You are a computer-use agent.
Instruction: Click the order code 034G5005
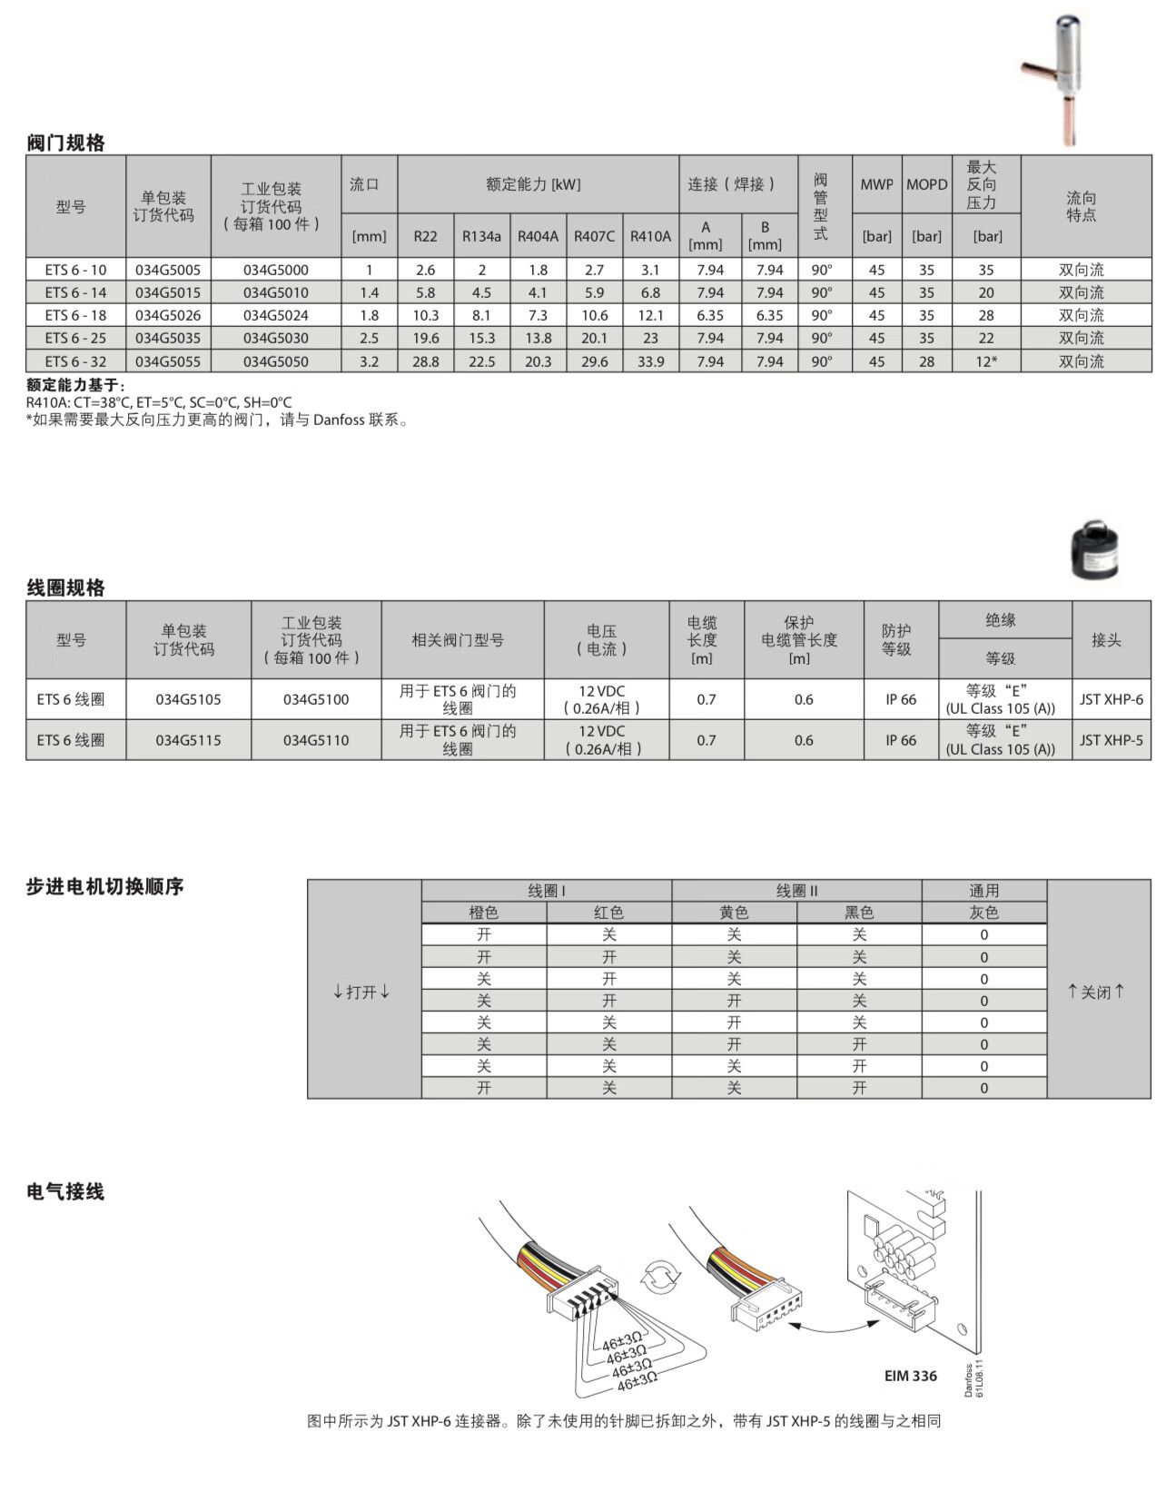coord(168,270)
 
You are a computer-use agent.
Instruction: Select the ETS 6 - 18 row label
coord(75,315)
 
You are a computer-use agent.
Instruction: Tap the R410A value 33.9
coord(650,361)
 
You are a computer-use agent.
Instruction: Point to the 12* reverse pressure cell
coord(986,361)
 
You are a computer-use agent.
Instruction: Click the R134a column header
coord(481,236)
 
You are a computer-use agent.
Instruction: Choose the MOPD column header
coord(926,184)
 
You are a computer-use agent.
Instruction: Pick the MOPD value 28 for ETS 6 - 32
coord(926,361)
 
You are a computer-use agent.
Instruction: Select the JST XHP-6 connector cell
coord(1112,699)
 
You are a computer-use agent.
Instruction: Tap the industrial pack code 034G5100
coord(316,699)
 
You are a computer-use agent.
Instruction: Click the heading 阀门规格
coord(65,143)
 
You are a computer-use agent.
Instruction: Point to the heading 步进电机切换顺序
coord(104,886)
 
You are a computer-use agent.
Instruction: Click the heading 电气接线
coord(65,1191)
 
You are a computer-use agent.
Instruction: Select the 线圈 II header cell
coord(796,891)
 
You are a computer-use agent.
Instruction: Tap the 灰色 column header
coord(983,913)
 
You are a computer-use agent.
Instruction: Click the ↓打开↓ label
coord(362,992)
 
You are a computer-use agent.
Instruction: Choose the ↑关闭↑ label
coord(1097,992)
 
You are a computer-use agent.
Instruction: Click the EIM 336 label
coord(910,1376)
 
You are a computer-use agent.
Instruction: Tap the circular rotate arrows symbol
coord(660,1278)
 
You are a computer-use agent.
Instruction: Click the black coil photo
coord(1093,550)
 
